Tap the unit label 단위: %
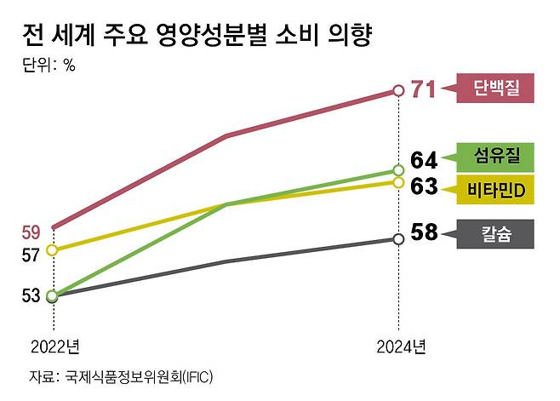(x=49, y=67)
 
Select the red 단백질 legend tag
(x=496, y=87)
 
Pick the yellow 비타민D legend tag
(x=496, y=188)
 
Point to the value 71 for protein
(x=423, y=89)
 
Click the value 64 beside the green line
(x=423, y=160)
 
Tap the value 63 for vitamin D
(x=423, y=186)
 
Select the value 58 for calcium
(x=423, y=232)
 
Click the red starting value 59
(x=31, y=232)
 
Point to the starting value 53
(x=31, y=295)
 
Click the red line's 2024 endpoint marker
(x=398, y=89)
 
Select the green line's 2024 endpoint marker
(x=398, y=170)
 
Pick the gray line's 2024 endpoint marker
(x=398, y=238)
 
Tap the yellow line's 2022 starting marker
(x=53, y=249)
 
